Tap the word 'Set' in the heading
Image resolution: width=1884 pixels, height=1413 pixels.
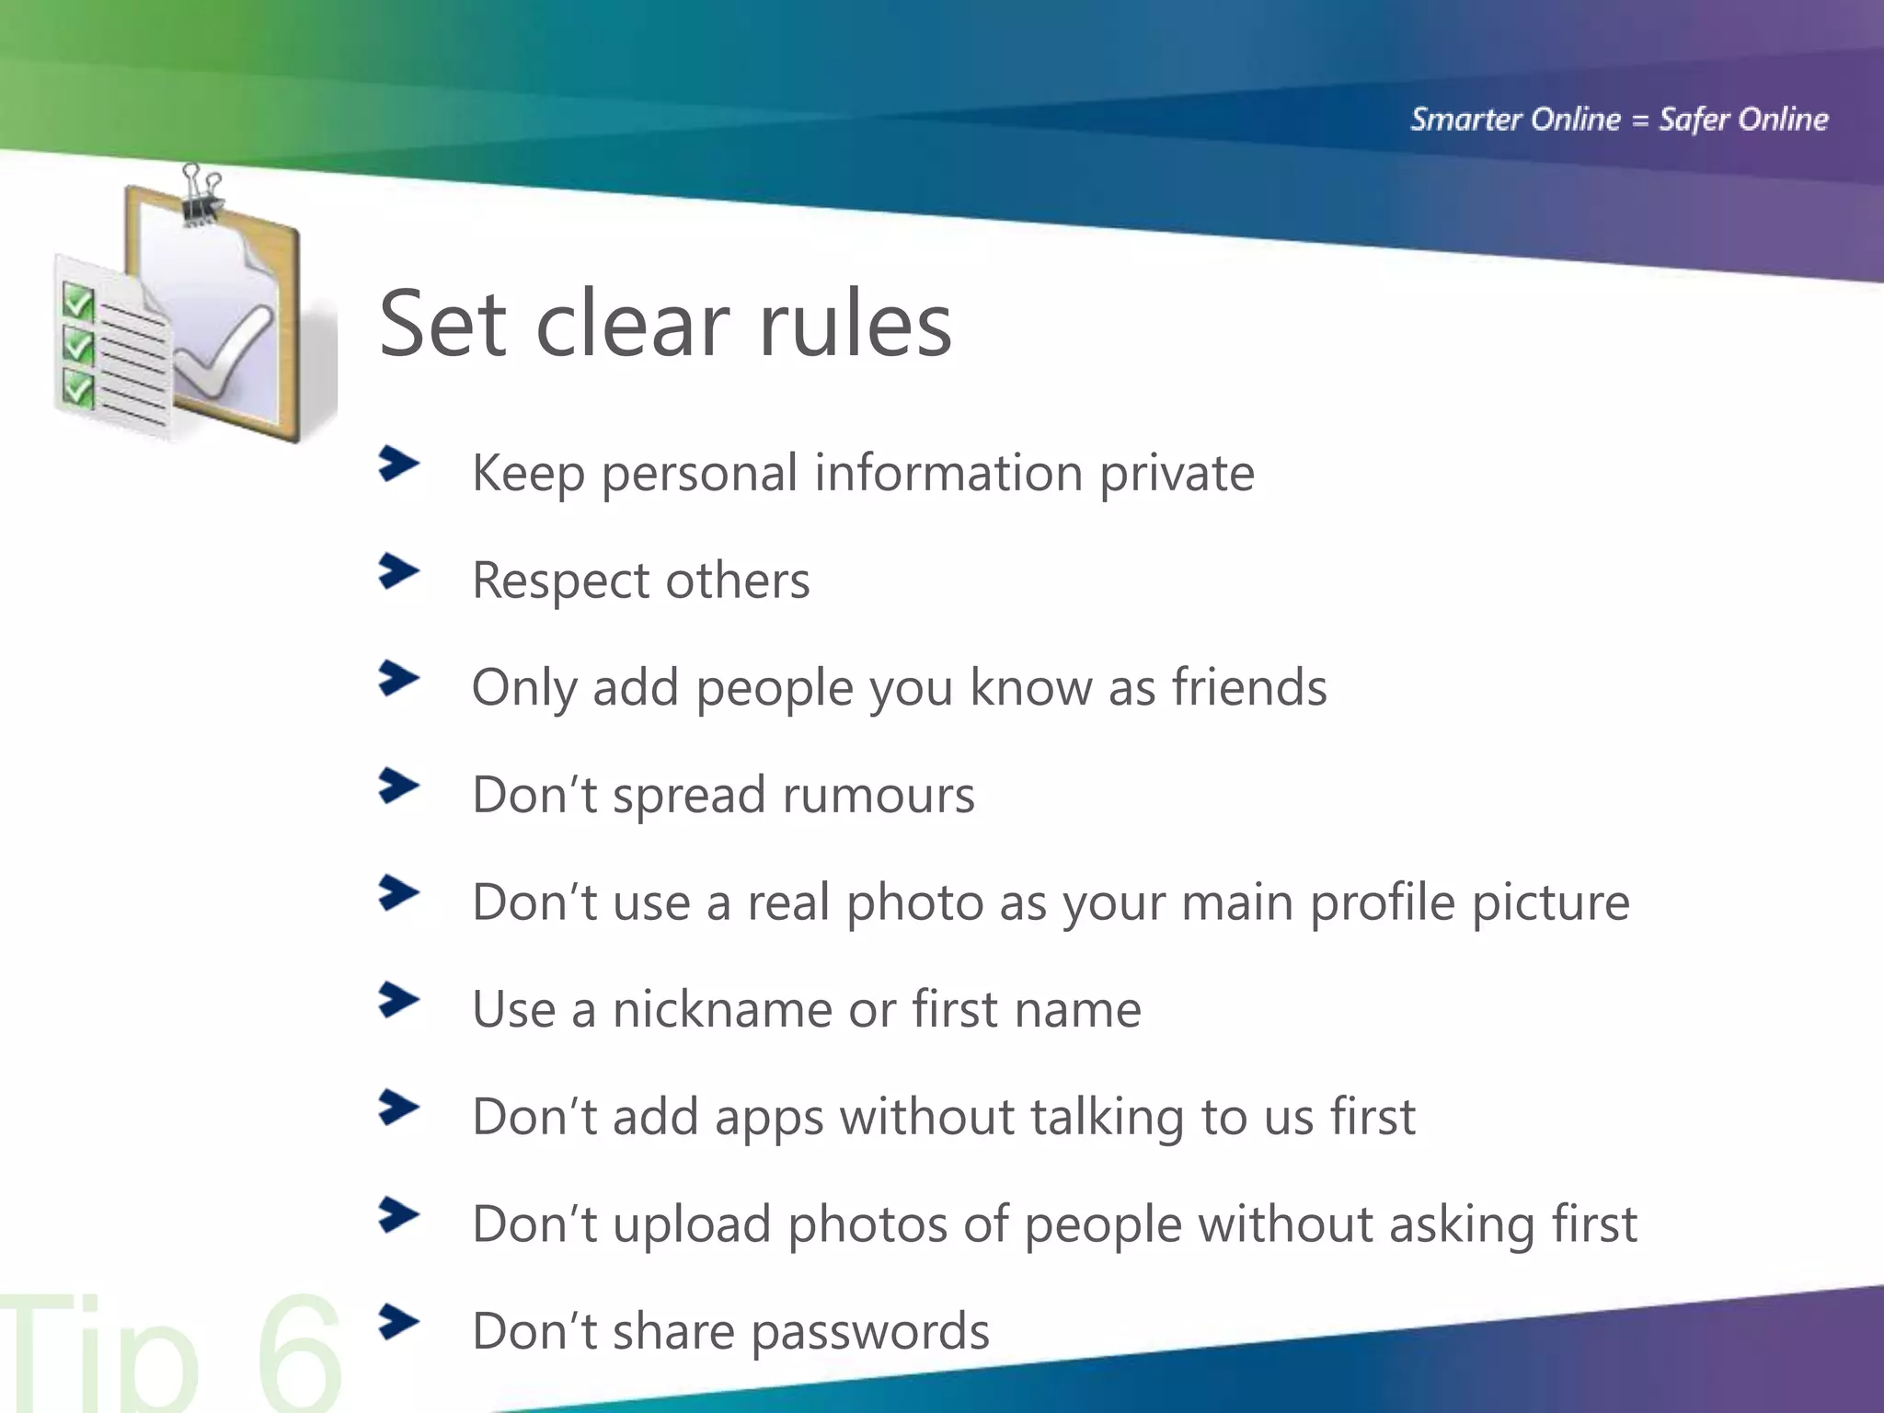(x=442, y=324)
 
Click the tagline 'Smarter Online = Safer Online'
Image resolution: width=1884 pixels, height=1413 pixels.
(x=1619, y=120)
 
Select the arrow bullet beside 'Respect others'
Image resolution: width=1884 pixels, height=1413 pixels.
(x=398, y=572)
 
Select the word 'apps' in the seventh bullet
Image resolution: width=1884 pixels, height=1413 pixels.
(x=769, y=1119)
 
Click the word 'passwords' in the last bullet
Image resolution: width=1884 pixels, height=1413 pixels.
(x=870, y=1332)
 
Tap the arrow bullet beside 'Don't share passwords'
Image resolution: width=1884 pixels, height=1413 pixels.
(x=398, y=1323)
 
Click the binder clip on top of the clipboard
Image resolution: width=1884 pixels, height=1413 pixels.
(x=201, y=195)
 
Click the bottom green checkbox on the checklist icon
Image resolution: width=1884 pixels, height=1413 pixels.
(x=78, y=387)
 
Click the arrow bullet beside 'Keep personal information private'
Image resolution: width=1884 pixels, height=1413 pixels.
(x=398, y=465)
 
